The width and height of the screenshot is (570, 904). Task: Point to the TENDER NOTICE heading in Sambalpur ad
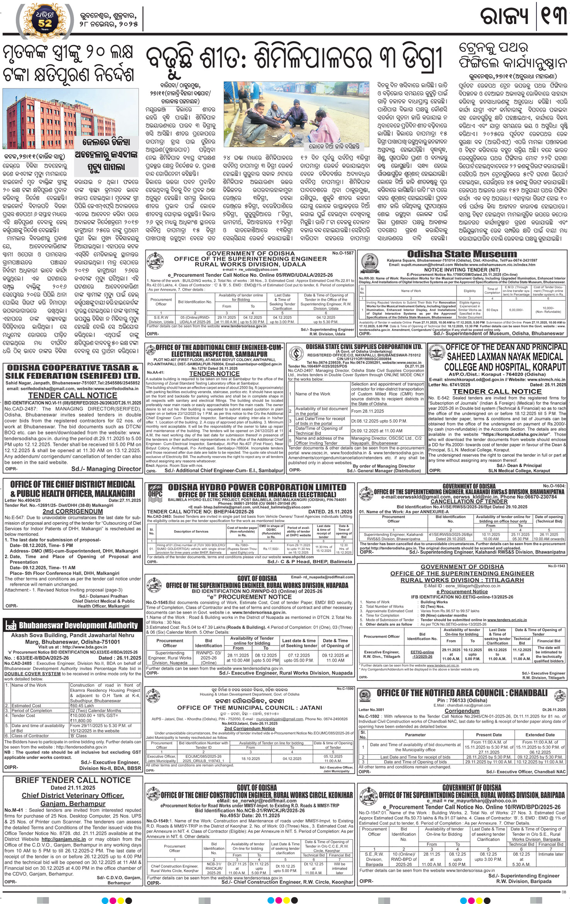coord(214,374)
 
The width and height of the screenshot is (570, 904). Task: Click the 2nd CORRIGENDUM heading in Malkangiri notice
coord(73,511)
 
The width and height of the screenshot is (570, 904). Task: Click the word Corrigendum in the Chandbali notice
coord(462,711)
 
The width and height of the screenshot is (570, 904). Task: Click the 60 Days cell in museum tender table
coord(492,310)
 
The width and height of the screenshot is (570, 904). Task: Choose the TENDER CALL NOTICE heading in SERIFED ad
coord(73,395)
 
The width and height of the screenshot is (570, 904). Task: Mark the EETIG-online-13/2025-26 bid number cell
coord(422,654)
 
